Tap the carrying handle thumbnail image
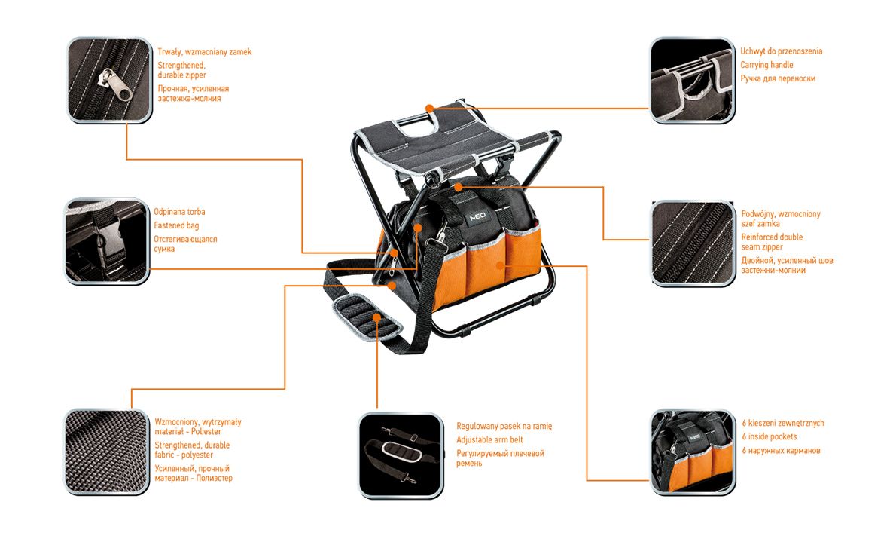point(691,80)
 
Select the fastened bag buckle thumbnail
point(105,241)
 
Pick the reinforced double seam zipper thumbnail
point(691,243)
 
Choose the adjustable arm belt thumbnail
point(399,455)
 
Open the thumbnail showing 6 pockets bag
point(691,451)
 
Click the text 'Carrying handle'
point(766,65)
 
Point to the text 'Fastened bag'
point(176,225)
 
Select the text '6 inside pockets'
point(769,436)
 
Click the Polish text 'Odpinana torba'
point(179,212)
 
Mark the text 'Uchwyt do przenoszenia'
point(781,51)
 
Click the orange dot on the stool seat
point(429,108)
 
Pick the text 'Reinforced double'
point(771,237)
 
